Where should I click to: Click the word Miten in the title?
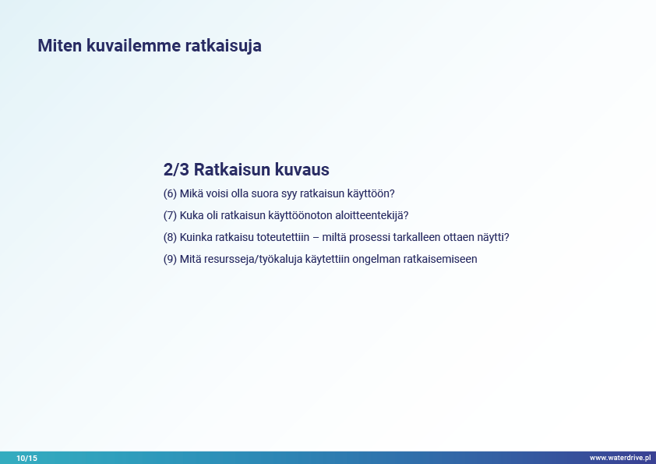coord(60,46)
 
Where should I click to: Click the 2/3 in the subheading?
coord(176,169)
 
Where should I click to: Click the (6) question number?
coord(171,194)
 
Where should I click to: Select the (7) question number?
coord(171,216)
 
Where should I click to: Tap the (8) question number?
coord(171,237)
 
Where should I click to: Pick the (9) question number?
coord(171,259)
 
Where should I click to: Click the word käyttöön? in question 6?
coord(371,194)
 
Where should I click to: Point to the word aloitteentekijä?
coord(372,216)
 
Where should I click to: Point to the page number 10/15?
coord(26,458)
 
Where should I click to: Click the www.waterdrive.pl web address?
coord(620,458)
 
